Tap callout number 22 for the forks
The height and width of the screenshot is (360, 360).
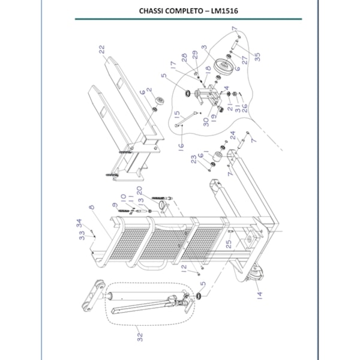(102, 48)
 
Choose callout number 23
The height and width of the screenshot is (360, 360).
(194, 159)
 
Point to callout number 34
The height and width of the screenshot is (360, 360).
(79, 223)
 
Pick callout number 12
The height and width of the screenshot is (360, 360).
(184, 268)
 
